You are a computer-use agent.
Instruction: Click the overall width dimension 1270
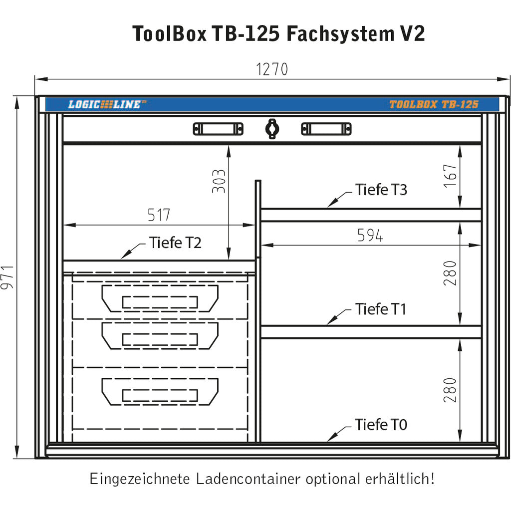pyautogui.click(x=272, y=69)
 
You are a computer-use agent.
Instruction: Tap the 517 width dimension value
pyautogui.click(x=159, y=215)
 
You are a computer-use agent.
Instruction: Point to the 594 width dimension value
pyautogui.click(x=370, y=236)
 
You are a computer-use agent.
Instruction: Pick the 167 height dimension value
pyautogui.click(x=450, y=176)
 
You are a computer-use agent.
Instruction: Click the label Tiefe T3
pyautogui.click(x=381, y=190)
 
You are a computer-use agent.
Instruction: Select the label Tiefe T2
pyautogui.click(x=175, y=243)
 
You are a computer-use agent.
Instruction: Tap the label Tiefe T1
pyautogui.click(x=380, y=309)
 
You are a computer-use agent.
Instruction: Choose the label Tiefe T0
pyautogui.click(x=381, y=425)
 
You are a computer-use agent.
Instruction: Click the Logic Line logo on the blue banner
pyautogui.click(x=107, y=104)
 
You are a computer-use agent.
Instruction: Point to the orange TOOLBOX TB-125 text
pyautogui.click(x=434, y=104)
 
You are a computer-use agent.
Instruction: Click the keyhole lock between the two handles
pyautogui.click(x=272, y=129)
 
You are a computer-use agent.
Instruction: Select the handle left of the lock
pyautogui.click(x=218, y=129)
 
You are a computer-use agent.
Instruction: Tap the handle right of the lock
pyautogui.click(x=326, y=129)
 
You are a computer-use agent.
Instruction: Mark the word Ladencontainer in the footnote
pyautogui.click(x=248, y=479)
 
